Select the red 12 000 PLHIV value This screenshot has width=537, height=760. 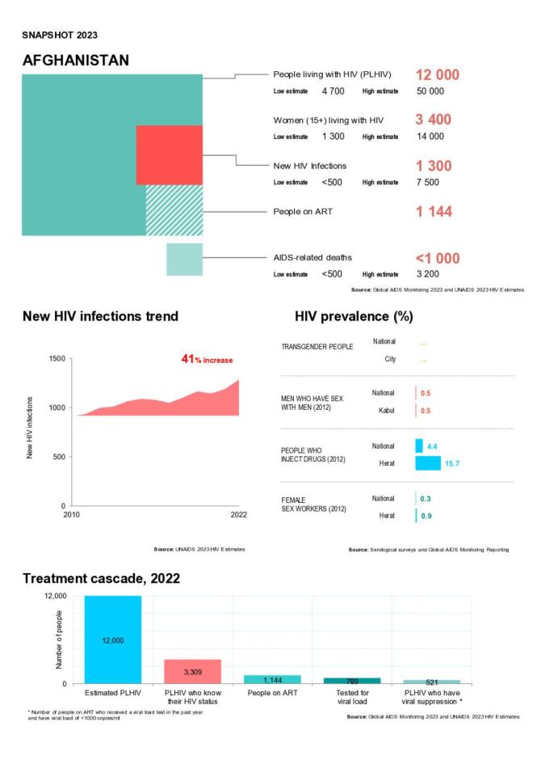tap(437, 75)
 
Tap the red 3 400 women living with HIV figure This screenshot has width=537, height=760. tap(433, 120)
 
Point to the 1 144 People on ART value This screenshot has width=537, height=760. tap(433, 212)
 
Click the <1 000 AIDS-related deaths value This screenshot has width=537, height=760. tap(437, 259)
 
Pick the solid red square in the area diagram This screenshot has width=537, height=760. tap(169, 154)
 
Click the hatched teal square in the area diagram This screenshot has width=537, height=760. tap(174, 209)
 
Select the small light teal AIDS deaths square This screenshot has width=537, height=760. tap(184, 259)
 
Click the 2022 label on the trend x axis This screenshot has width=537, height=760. tap(237, 515)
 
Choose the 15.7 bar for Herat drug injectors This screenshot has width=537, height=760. tap(428, 462)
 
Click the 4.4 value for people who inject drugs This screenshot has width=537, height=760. tap(432, 445)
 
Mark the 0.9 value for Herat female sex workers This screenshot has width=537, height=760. tap(425, 515)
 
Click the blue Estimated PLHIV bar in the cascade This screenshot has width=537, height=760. tap(113, 640)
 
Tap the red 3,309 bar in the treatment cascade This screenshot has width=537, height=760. tap(192, 671)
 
